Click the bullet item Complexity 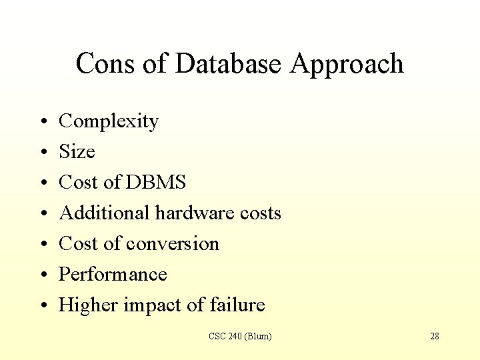109,121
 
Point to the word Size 77,152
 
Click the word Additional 105,213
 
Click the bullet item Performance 113,274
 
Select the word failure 237,305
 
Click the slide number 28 435,336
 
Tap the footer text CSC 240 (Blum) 240,336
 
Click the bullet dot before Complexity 43,123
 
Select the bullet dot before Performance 43,275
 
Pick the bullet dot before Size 43,153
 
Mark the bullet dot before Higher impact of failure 43,306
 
